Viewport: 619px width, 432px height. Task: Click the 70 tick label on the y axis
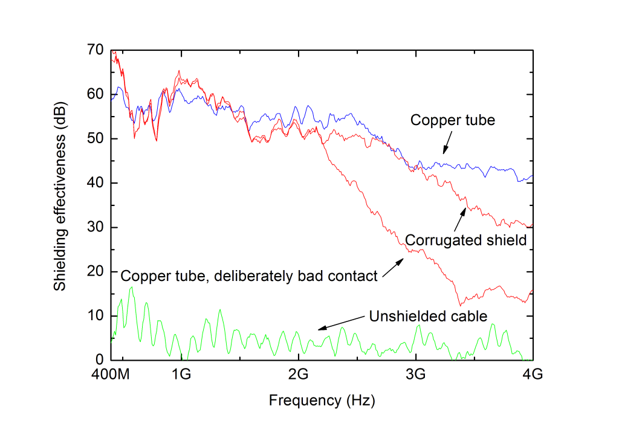(x=96, y=50)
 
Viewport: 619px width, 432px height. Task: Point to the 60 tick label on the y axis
(x=96, y=95)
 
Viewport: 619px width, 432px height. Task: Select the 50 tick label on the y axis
(x=96, y=139)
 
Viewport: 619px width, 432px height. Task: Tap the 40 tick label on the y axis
(x=96, y=183)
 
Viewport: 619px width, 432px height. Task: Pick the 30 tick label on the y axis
(x=96, y=227)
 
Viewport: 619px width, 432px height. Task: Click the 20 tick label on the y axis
(x=96, y=272)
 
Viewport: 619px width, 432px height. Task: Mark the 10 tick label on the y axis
(x=96, y=316)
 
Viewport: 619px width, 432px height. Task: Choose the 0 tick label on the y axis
(x=99, y=360)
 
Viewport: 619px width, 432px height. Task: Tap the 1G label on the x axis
(x=181, y=375)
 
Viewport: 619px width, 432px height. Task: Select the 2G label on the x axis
(x=299, y=375)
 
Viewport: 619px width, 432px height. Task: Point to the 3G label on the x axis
(x=415, y=375)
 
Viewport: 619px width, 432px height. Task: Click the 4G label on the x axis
(x=533, y=375)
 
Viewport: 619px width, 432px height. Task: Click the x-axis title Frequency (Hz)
(x=322, y=400)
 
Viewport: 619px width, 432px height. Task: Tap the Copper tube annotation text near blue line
(x=452, y=120)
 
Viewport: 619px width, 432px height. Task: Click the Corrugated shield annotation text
(x=466, y=240)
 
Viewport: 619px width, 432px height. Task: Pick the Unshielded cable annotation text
(x=427, y=317)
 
